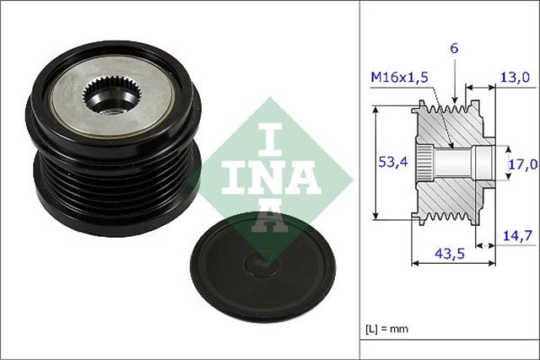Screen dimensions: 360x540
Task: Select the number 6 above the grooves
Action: tap(455, 50)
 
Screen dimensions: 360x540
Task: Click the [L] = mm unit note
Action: tap(386, 329)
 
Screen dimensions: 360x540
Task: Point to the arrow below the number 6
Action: tap(456, 89)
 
